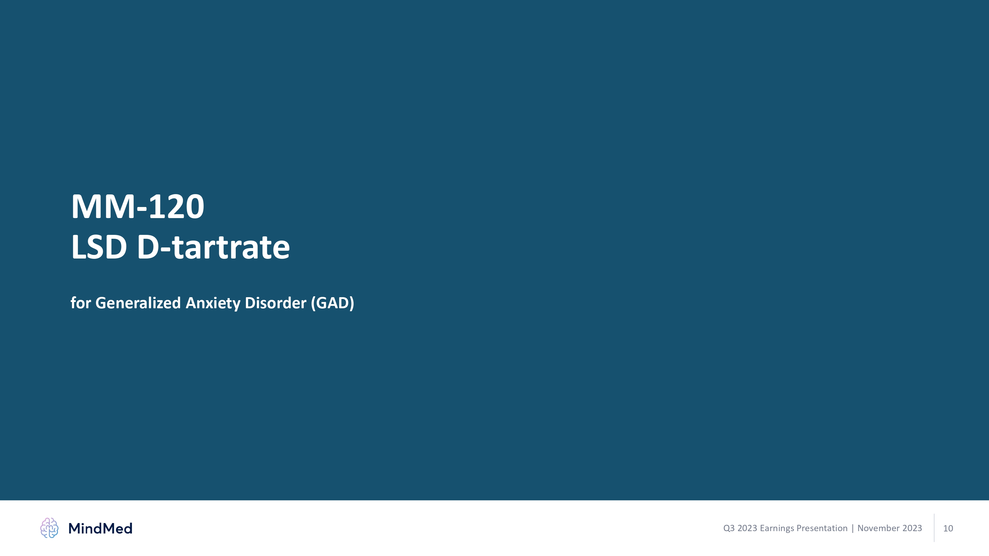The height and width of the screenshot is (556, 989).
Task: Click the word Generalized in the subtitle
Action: tap(138, 303)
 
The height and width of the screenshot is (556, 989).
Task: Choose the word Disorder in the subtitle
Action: tap(276, 303)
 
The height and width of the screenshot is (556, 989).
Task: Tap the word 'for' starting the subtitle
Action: tap(81, 303)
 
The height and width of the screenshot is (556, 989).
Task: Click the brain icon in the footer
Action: tap(49, 528)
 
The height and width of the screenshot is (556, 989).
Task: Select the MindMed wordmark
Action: tap(100, 528)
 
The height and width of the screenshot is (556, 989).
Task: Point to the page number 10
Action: tap(948, 528)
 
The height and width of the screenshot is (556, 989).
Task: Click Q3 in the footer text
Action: tap(729, 528)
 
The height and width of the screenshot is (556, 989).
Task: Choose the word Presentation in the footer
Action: tap(822, 528)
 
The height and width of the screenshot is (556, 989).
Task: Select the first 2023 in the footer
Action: tap(747, 528)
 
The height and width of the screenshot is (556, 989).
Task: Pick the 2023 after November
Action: tap(912, 528)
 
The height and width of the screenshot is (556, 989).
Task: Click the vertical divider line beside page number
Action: tap(934, 528)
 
